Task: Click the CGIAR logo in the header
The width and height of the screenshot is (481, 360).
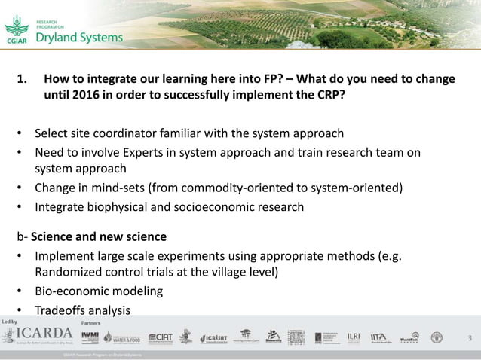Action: tap(17, 32)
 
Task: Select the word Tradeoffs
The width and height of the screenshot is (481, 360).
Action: tap(63, 310)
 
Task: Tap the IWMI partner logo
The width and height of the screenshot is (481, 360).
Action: tap(90, 337)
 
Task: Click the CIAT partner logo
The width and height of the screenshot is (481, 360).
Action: tap(161, 337)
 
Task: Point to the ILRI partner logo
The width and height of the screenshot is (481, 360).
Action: tap(354, 337)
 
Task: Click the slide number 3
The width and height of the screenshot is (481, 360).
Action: tap(470, 338)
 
